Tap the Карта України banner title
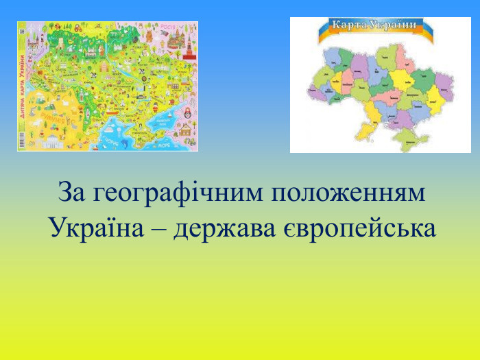click(374, 26)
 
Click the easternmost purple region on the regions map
click(444, 86)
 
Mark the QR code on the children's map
click(22, 31)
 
